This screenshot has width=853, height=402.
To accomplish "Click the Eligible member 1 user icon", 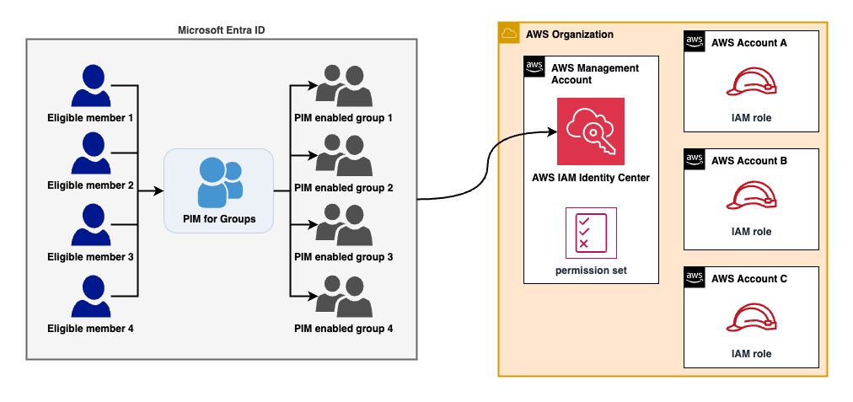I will (90, 85).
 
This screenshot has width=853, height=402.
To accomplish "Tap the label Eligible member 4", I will (90, 327).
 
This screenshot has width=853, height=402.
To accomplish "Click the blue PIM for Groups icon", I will (218, 181).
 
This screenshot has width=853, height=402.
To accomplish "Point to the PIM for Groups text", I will (218, 220).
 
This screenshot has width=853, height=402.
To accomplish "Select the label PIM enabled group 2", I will (343, 187).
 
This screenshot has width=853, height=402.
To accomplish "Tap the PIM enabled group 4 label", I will (343, 327).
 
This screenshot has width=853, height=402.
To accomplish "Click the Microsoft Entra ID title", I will (223, 30).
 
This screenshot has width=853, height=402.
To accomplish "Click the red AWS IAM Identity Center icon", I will (590, 131).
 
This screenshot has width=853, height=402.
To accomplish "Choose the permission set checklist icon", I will (590, 233).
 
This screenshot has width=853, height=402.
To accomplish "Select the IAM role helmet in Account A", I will (751, 83).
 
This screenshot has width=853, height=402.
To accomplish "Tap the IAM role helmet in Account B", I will (751, 196).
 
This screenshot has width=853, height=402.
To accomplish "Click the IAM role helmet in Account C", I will (751, 319).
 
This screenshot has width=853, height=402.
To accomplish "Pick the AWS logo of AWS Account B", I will (695, 159).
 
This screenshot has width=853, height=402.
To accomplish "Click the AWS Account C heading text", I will (749, 278).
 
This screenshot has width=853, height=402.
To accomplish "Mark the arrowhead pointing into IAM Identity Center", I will (552, 131).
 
